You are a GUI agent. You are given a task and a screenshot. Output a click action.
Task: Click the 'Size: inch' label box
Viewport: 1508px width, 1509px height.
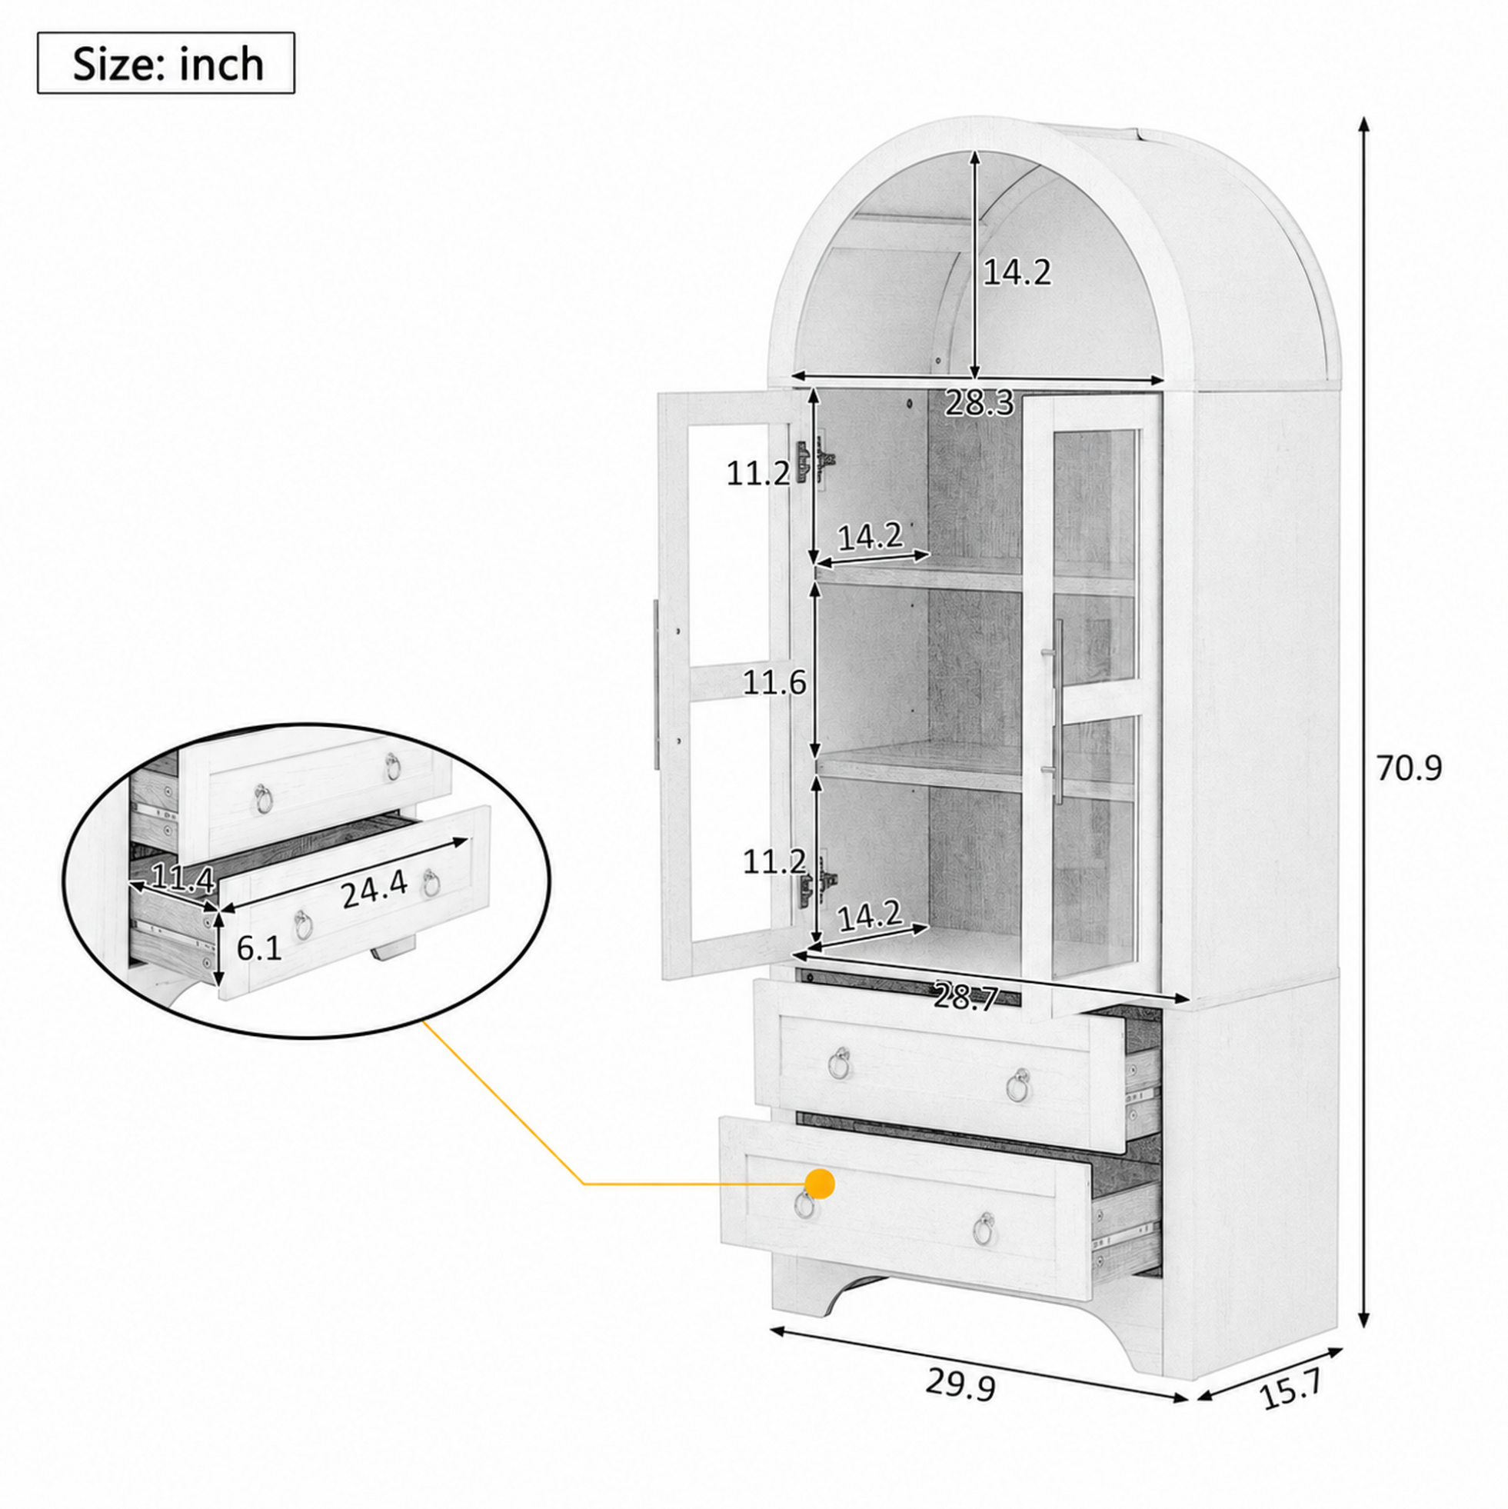click(166, 63)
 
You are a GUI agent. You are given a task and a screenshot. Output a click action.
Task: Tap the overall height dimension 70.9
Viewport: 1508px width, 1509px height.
click(1409, 768)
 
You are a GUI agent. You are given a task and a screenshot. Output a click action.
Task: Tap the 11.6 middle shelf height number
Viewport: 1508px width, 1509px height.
click(774, 684)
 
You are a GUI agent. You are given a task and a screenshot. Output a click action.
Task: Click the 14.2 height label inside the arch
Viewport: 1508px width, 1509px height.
click(1017, 271)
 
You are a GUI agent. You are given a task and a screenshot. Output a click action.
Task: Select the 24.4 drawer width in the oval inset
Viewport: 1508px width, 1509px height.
click(374, 890)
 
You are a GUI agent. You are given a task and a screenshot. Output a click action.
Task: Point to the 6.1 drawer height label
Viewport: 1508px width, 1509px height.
click(258, 948)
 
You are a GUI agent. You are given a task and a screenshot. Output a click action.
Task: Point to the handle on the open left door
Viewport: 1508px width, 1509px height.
click(654, 684)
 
